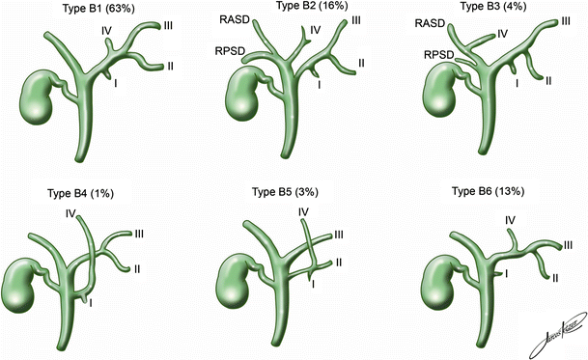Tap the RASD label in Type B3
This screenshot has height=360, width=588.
coord(432,23)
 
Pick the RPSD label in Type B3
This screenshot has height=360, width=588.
coord(441,55)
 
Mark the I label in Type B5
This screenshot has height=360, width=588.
coord(313,284)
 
